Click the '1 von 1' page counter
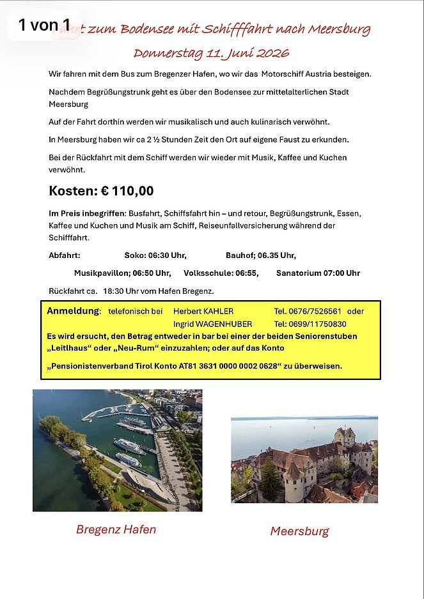[x=44, y=26]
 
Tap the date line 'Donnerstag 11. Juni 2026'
[x=211, y=52]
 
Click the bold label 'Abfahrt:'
[x=65, y=255]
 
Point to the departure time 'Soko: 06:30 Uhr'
[x=155, y=255]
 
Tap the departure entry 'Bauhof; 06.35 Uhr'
[x=260, y=255]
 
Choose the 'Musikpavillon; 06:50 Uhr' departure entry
[x=122, y=273]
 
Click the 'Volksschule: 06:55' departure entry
[x=221, y=273]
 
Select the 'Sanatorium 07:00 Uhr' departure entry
[x=318, y=273]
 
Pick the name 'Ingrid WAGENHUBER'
[x=212, y=324]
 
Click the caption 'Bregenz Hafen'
[x=116, y=529]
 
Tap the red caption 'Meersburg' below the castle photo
[x=299, y=531]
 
